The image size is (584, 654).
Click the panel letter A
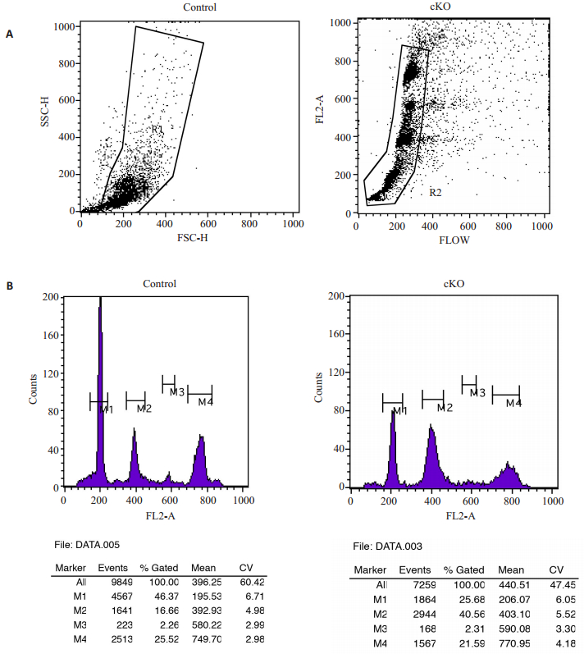coord(10,34)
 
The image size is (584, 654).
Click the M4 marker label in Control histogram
coord(206,402)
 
